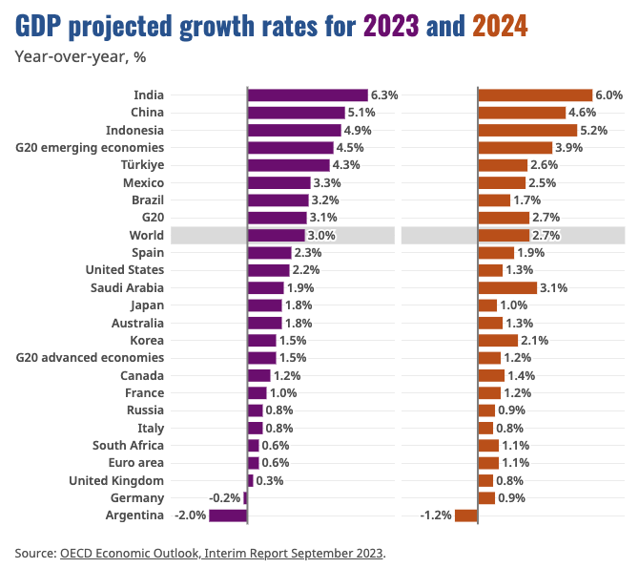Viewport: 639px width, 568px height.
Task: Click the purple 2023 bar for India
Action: [307, 95]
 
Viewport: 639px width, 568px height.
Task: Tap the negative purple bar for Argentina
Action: [228, 516]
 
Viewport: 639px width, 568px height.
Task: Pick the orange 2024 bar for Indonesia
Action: [527, 130]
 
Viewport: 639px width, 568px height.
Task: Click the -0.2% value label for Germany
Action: [225, 498]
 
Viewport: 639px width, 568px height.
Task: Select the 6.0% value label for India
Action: [608, 95]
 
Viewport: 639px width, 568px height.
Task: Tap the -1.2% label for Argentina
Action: [436, 516]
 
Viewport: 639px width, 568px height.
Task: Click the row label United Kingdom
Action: [116, 481]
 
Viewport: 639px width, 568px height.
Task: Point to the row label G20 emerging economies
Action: [90, 148]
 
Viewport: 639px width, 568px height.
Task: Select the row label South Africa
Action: [128, 446]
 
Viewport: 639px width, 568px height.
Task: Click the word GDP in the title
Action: [40, 26]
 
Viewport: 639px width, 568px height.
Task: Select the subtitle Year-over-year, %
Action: [80, 56]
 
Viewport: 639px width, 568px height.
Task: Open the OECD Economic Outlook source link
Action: [221, 553]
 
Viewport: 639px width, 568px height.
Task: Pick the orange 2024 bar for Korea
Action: [498, 340]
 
